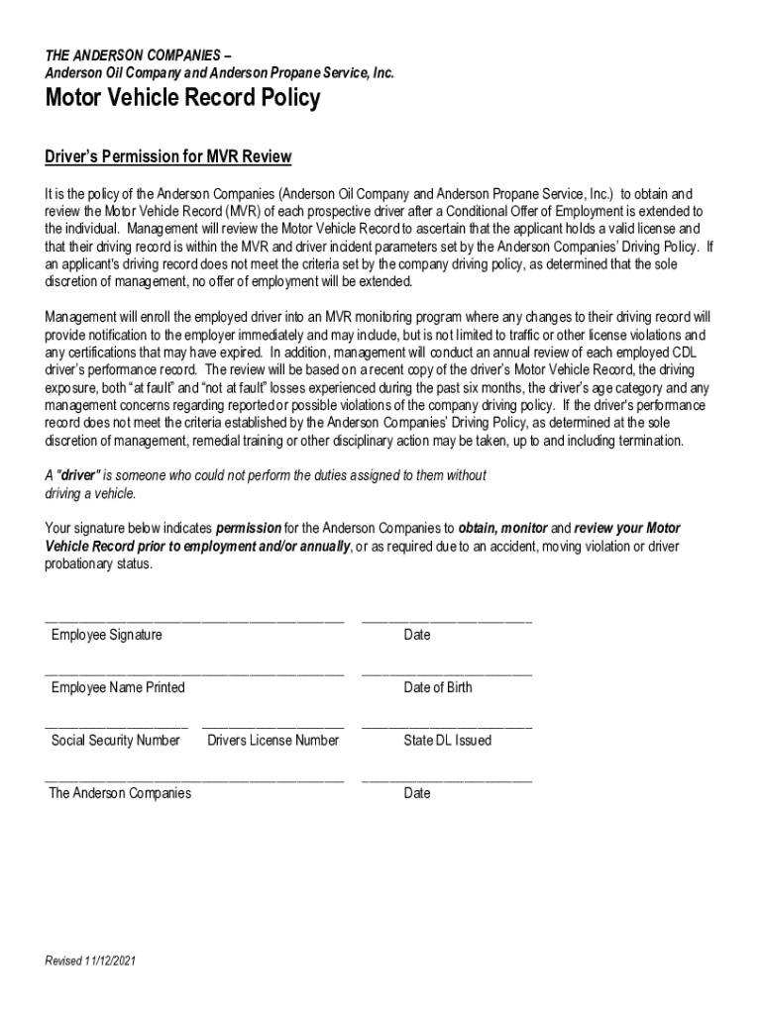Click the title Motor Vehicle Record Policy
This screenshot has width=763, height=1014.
(x=182, y=99)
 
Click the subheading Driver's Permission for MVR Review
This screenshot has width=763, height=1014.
(x=168, y=157)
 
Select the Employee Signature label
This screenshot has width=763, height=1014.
(x=107, y=635)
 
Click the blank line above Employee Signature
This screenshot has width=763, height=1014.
(x=194, y=621)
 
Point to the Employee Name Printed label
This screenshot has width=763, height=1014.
(x=118, y=687)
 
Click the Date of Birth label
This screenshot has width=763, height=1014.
(x=438, y=687)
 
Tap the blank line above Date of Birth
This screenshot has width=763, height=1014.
(x=447, y=673)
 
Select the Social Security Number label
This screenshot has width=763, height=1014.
(x=116, y=741)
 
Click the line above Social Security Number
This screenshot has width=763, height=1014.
(x=116, y=727)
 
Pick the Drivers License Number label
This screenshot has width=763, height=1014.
(x=273, y=741)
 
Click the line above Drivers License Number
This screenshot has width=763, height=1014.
(x=273, y=727)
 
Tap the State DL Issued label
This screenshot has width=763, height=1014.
(x=447, y=741)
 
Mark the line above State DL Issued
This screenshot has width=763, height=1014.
(x=447, y=727)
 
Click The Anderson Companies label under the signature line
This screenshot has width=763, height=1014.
(x=120, y=793)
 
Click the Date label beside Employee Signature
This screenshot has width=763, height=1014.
(x=417, y=635)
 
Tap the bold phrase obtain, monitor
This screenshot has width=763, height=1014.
(x=502, y=529)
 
